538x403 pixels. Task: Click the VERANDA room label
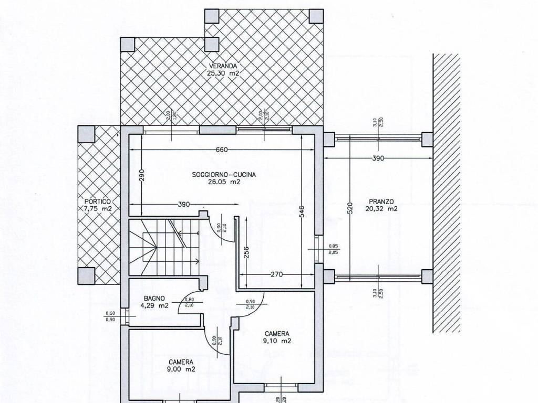coord(223,66)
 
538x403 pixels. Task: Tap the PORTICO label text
coord(98,201)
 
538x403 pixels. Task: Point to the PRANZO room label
coord(381,201)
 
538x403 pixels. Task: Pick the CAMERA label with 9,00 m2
coord(181,362)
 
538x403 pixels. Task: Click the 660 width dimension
coord(222,150)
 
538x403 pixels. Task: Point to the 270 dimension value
coord(277,274)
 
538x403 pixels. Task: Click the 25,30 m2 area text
coord(223,73)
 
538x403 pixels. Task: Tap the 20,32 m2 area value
coord(381,208)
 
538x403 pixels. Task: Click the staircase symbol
coord(164,244)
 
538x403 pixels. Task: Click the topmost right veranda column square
coord(316,16)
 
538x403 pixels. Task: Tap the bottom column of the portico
coord(86,275)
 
